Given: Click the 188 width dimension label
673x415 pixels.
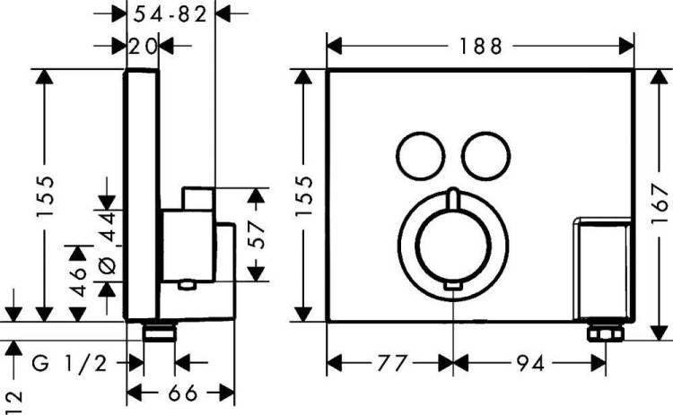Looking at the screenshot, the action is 480,47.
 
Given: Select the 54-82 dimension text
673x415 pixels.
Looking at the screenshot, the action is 170,14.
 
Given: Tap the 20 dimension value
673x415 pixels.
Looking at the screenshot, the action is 143,47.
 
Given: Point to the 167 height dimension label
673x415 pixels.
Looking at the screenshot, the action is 660,204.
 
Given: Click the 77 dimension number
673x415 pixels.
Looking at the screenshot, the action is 391,364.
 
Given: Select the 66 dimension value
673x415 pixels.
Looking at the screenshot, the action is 182,393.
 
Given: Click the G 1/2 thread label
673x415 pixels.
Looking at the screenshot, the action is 69,364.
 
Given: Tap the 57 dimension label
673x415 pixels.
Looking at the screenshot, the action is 257,235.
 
